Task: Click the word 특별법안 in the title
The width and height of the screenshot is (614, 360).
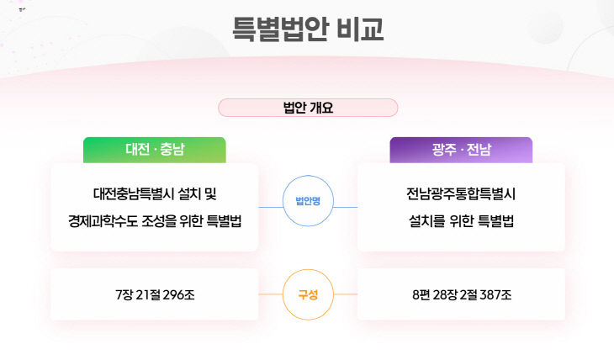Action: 279,29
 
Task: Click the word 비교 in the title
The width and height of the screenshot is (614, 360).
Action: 360,29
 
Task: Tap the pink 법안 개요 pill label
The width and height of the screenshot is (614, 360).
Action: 308,108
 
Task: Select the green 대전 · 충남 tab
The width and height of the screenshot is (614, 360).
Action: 155,150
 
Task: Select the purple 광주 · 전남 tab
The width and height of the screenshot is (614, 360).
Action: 461,150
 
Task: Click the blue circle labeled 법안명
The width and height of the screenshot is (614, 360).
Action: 308,200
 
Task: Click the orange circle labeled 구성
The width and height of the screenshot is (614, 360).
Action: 308,294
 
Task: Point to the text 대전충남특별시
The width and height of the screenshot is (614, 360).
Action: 134,194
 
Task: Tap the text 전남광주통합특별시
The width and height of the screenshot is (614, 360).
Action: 461,194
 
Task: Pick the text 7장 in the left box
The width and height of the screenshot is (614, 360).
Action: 124,294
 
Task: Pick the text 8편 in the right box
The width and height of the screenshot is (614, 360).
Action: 421,294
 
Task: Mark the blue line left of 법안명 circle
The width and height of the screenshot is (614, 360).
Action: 271,207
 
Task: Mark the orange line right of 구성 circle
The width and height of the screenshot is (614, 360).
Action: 346,294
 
